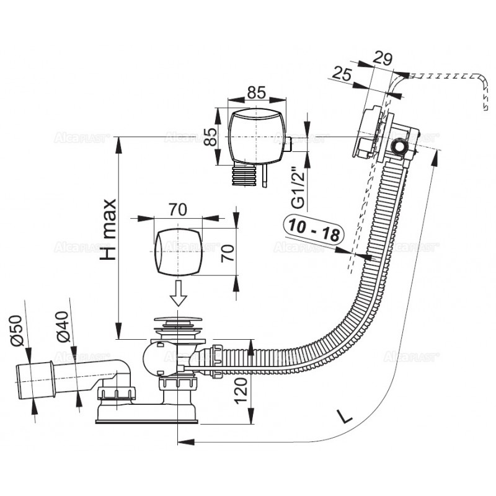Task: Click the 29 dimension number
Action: point(383,60)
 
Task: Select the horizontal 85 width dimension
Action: point(256,92)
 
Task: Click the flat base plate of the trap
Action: point(147,419)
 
